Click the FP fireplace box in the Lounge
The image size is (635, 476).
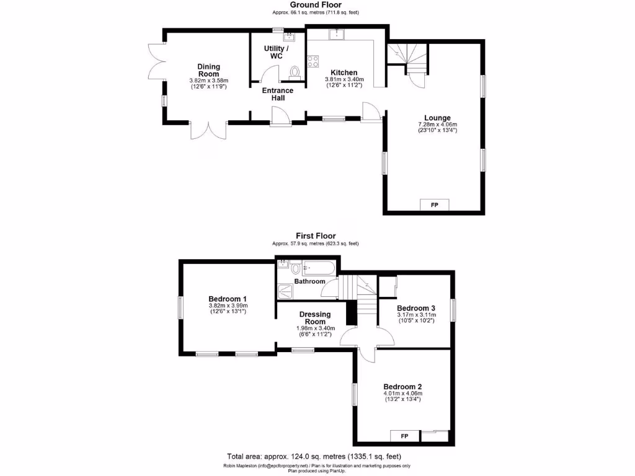pyautogui.click(x=434, y=205)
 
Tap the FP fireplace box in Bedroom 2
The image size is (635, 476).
pyautogui.click(x=404, y=436)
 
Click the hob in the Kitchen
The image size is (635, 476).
pyautogui.click(x=314, y=61)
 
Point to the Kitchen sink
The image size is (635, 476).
pyautogui.click(x=337, y=33)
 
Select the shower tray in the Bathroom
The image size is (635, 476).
pyautogui.click(x=285, y=290)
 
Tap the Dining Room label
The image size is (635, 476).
pyautogui.click(x=209, y=70)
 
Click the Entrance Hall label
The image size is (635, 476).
pyautogui.click(x=277, y=94)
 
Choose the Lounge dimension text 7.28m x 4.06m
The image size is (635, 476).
pyautogui.click(x=437, y=125)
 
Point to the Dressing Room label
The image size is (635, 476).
pyautogui.click(x=315, y=318)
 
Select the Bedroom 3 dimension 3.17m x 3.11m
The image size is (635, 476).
pyautogui.click(x=416, y=315)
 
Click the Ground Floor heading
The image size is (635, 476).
pyautogui.click(x=315, y=5)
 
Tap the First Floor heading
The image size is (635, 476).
pyautogui.click(x=315, y=236)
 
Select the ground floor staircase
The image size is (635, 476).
pyautogui.click(x=407, y=55)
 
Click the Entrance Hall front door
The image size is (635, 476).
pyautogui.click(x=280, y=117)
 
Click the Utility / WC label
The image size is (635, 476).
pyautogui.click(x=276, y=52)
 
